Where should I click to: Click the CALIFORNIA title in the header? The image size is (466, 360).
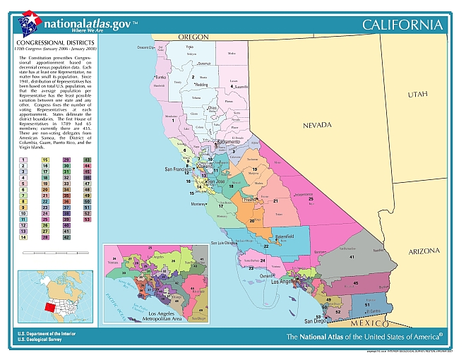coord(402,25)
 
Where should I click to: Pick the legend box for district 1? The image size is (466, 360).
coord(24,160)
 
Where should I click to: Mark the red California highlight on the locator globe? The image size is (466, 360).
coord(47,308)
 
